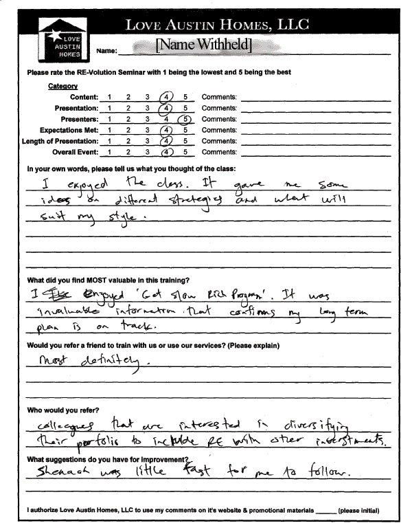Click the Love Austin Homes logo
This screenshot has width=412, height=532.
pos(60,37)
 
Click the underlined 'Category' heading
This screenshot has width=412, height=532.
pos(62,87)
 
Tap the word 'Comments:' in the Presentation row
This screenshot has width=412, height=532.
pos(218,108)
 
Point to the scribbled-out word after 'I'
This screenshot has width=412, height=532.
pos(47,291)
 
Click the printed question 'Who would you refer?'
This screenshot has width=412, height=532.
pos(60,410)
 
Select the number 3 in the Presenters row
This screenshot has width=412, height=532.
pos(148,119)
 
